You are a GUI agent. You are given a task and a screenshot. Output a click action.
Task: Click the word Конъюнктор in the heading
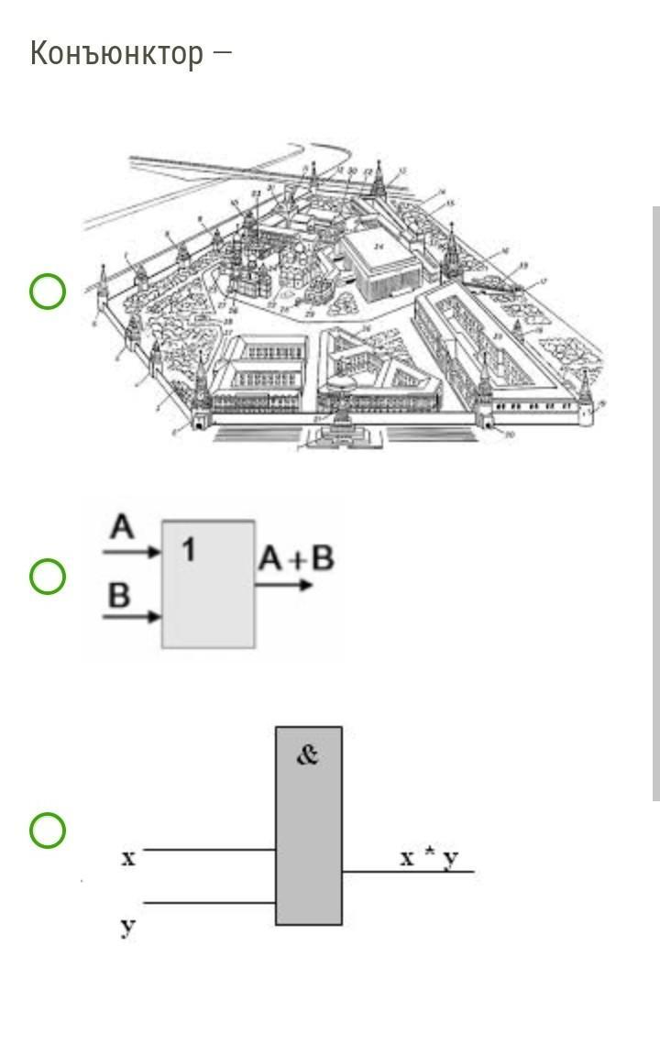pos(116,53)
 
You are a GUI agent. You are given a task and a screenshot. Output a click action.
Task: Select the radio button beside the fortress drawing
pos(48,292)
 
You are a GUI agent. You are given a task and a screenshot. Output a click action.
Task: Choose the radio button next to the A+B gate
pos(48,578)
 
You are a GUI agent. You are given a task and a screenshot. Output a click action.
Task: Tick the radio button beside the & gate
pos(48,831)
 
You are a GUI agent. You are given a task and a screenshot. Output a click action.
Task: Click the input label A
pos(122,529)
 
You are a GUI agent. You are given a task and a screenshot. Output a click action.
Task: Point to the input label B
pos(120,595)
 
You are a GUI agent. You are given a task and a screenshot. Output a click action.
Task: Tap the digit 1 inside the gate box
pos(188,550)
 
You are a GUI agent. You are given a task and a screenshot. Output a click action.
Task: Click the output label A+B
pos(295,557)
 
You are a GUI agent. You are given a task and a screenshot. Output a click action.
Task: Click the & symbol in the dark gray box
pos(308,756)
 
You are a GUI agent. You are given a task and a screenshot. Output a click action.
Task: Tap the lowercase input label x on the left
pos(128,858)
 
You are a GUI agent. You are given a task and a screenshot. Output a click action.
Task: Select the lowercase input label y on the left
pos(128,927)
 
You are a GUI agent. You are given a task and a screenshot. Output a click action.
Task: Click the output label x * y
pos(430,858)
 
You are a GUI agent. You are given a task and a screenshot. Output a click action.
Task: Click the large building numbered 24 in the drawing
pos(380,261)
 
